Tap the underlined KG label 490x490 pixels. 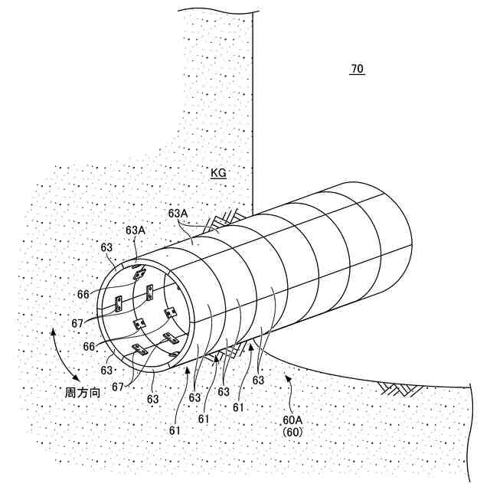[219, 174]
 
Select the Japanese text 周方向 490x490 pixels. [82, 392]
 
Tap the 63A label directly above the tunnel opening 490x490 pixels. [136, 230]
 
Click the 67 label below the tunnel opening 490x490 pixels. [118, 387]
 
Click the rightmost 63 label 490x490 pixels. [258, 380]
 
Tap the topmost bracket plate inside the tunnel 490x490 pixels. [139, 273]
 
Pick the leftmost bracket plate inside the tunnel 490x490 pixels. [119, 303]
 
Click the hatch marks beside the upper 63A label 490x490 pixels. [222, 222]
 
